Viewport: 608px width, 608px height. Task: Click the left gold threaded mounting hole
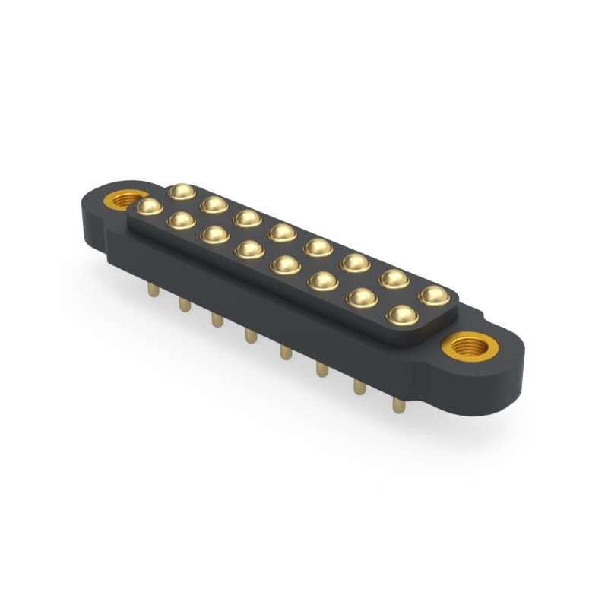click(120, 201)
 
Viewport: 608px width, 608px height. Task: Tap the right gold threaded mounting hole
click(470, 348)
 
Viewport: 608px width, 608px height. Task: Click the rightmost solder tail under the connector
click(397, 404)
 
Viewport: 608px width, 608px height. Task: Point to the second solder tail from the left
click(183, 304)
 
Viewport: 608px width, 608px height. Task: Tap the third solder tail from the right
click(321, 369)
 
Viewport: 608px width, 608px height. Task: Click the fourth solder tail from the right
click(285, 352)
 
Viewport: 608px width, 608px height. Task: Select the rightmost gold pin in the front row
click(402, 314)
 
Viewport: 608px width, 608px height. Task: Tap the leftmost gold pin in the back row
click(182, 190)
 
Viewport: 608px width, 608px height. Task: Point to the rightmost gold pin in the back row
click(433, 294)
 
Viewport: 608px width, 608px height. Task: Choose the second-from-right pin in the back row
click(394, 278)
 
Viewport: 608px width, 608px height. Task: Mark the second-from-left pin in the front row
click(181, 220)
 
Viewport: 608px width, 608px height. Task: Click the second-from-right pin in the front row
click(362, 297)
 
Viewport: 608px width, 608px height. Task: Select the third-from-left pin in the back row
click(247, 218)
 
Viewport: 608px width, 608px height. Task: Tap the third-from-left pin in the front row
click(215, 235)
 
